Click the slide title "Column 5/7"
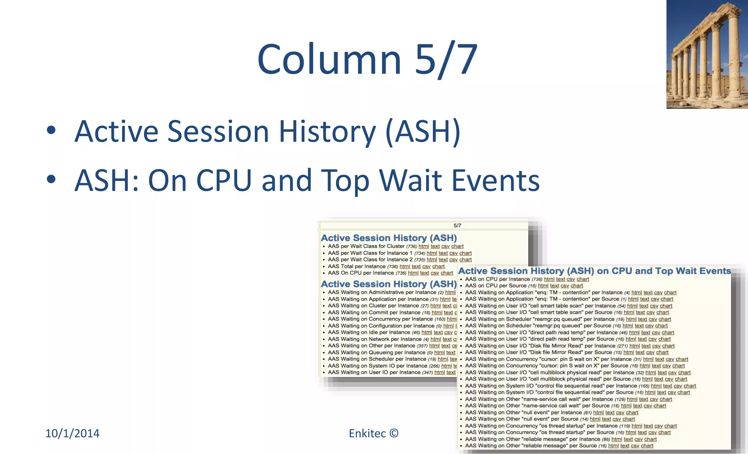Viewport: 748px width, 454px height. pos(367,60)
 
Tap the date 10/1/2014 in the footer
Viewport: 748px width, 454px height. pos(72,433)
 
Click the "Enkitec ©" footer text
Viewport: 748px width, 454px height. pos(373,433)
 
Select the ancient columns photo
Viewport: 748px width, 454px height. pos(707,54)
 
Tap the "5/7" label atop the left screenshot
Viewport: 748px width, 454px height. pos(457,226)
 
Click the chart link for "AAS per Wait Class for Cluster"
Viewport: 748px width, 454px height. pos(457,247)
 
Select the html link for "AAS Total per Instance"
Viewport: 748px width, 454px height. pos(405,267)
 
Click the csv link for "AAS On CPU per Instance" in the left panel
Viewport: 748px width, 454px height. pos(435,273)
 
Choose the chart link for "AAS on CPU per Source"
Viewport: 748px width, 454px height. pos(577,286)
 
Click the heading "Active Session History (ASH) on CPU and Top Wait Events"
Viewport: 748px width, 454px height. pos(595,271)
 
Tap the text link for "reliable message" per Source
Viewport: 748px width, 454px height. pos(625,446)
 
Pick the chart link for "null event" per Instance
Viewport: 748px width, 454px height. pos(632,413)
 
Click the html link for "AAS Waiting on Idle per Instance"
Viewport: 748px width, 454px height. pos(427,333)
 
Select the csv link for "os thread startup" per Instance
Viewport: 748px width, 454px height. pos(658,426)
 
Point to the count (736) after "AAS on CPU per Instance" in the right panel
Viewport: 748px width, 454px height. pos(537,279)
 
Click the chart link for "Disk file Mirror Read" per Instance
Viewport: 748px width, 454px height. pos(668,346)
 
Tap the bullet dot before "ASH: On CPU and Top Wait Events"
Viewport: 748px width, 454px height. pos(51,179)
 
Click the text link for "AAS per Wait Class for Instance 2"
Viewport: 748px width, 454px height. pos(443,260)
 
